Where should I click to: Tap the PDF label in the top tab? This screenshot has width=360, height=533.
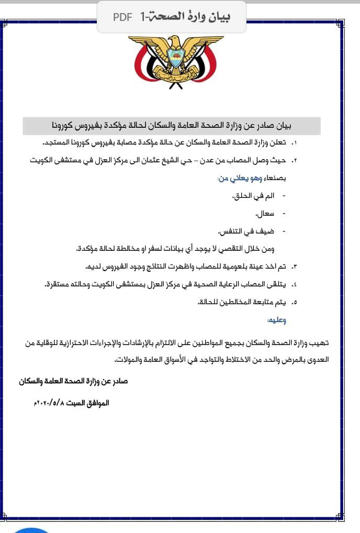[x=122, y=17]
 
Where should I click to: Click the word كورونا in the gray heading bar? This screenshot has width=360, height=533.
[x=66, y=126]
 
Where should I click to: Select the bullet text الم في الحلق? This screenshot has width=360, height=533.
[x=253, y=196]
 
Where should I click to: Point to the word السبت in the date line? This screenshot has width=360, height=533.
[x=76, y=404]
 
